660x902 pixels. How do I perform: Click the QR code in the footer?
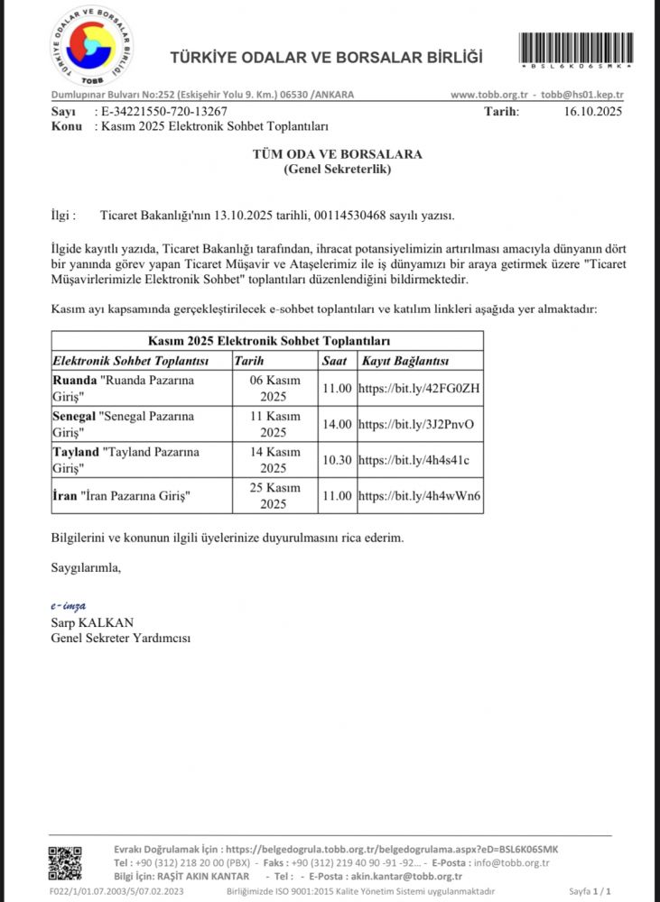coord(65,863)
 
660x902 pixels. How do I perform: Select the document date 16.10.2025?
coord(594,112)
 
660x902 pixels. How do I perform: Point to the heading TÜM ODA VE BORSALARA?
coord(337,154)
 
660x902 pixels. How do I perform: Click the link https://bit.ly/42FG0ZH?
coord(419,389)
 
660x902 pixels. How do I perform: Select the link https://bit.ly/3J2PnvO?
coord(416,424)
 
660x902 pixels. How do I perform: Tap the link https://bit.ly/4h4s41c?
coord(414,460)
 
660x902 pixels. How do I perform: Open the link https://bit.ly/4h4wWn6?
coord(419,495)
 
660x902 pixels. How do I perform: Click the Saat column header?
coord(335,362)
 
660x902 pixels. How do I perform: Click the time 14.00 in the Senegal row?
coord(336,424)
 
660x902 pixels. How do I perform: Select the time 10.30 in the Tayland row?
coord(336,460)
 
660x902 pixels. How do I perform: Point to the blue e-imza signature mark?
coord(69,605)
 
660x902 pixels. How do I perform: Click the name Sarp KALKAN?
coord(92,622)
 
